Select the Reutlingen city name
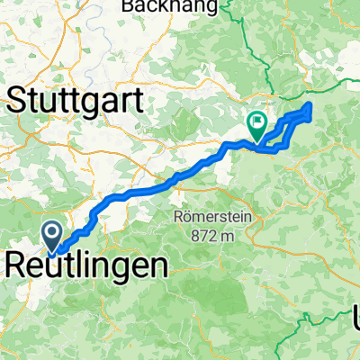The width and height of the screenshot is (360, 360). [x=87, y=265]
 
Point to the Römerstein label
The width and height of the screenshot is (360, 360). [x=213, y=217]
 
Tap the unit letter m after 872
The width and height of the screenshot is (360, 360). [x=229, y=237]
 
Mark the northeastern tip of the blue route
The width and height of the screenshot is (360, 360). [x=310, y=106]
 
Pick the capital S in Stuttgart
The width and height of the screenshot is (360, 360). [x=19, y=99]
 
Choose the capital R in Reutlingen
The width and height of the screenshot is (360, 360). [x=18, y=265]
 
